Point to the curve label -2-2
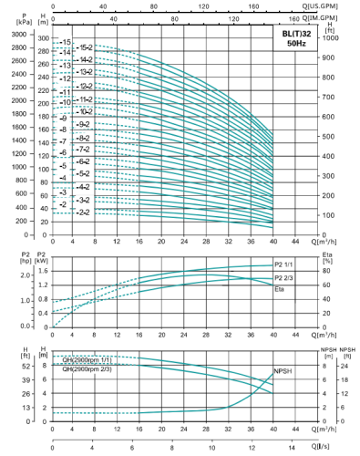(83, 212)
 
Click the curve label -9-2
(83, 123)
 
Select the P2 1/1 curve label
(286, 265)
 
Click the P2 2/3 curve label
(286, 277)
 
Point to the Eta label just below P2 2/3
(279, 288)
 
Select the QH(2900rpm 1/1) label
(85, 358)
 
